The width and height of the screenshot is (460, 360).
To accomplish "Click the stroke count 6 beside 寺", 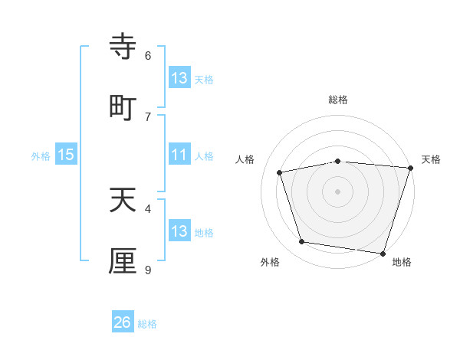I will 148,55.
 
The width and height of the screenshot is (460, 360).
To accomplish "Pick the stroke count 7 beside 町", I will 148,116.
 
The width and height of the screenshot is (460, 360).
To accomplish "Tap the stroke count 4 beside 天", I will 148,208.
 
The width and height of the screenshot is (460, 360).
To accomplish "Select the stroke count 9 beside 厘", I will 148,270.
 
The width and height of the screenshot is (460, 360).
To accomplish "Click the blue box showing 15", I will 66,155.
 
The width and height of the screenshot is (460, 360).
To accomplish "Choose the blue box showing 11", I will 179,155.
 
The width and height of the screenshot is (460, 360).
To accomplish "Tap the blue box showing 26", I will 123,322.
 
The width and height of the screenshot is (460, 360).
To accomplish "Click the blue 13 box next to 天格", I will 179,78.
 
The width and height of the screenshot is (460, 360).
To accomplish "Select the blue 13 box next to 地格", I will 179,231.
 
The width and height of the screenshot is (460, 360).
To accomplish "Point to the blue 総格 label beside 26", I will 147,324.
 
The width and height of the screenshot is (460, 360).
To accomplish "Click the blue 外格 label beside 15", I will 41,156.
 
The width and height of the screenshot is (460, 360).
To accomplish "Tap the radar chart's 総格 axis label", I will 338,100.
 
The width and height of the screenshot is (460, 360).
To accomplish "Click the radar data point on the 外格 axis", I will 302,242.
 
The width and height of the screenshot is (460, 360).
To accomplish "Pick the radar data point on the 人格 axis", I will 280,172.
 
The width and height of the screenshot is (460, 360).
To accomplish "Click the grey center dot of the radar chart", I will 338,191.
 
